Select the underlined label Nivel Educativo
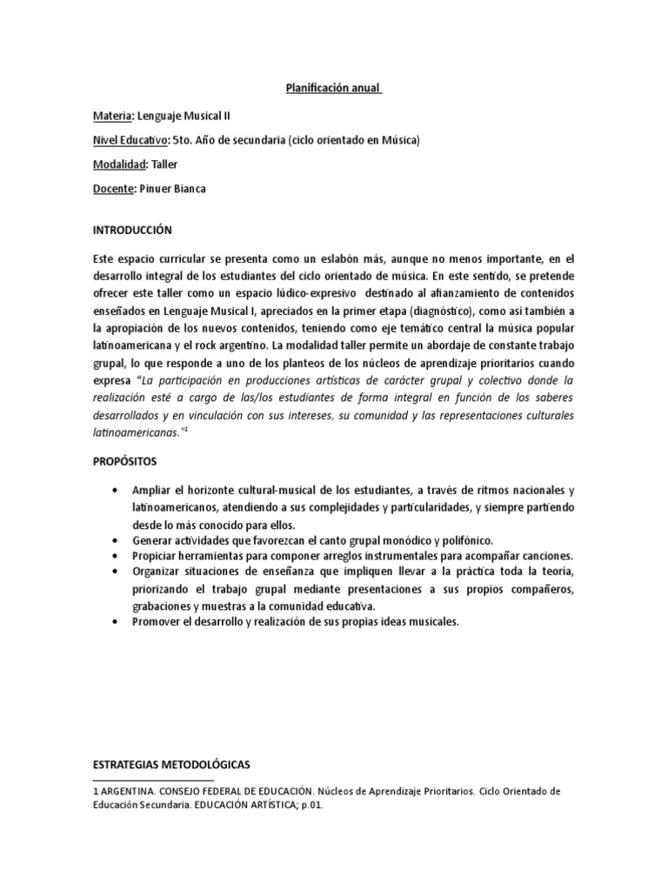130,139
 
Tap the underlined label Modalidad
118,164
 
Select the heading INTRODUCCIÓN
132,231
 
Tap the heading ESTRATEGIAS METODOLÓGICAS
170,764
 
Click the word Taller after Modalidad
164,164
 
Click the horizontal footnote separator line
152,781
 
